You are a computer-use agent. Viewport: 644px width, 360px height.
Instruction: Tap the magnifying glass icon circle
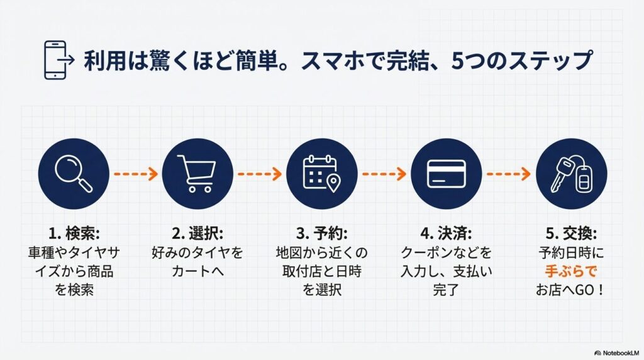(x=74, y=173)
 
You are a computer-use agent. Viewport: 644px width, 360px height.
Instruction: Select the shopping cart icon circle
(x=197, y=173)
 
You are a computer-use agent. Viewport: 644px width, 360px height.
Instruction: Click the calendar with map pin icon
(x=321, y=173)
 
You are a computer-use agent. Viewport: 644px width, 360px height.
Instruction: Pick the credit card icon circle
(x=446, y=173)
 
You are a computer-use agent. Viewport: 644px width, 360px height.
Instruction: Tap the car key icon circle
(x=570, y=173)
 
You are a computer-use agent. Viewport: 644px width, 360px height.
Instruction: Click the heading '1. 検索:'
(x=74, y=233)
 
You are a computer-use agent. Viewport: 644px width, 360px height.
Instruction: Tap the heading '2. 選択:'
(x=197, y=233)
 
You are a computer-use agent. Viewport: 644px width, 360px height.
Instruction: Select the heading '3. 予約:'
(x=321, y=233)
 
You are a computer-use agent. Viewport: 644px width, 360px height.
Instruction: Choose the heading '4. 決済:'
(x=446, y=233)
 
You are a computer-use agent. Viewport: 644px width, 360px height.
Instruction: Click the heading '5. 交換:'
(x=570, y=233)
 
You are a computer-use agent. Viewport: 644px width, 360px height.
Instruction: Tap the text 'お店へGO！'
(x=570, y=291)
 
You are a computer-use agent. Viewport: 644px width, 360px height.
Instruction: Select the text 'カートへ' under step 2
(x=197, y=272)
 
